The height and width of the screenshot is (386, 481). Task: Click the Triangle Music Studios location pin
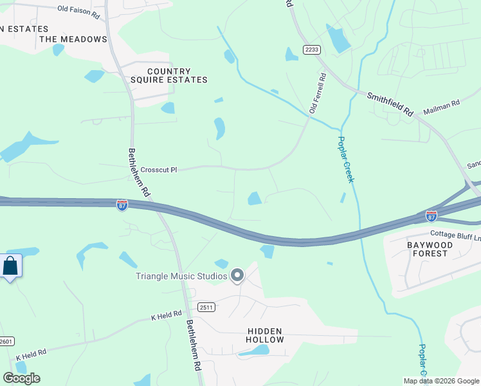(237, 275)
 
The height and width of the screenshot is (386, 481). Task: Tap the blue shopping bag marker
(10, 266)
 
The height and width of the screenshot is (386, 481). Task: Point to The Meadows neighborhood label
(73, 39)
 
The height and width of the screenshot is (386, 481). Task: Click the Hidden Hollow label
(265, 335)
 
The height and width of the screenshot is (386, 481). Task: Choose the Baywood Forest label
(430, 249)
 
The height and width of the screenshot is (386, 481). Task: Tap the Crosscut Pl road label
(158, 170)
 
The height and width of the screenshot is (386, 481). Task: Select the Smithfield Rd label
(390, 104)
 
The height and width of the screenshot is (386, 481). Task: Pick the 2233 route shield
(312, 50)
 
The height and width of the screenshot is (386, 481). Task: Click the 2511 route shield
(206, 308)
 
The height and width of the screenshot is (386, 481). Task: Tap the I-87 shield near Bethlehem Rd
(122, 205)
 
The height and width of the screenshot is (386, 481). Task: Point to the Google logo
(21, 378)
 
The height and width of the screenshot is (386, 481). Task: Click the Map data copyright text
(442, 380)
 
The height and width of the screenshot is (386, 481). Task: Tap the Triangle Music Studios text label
(181, 276)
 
